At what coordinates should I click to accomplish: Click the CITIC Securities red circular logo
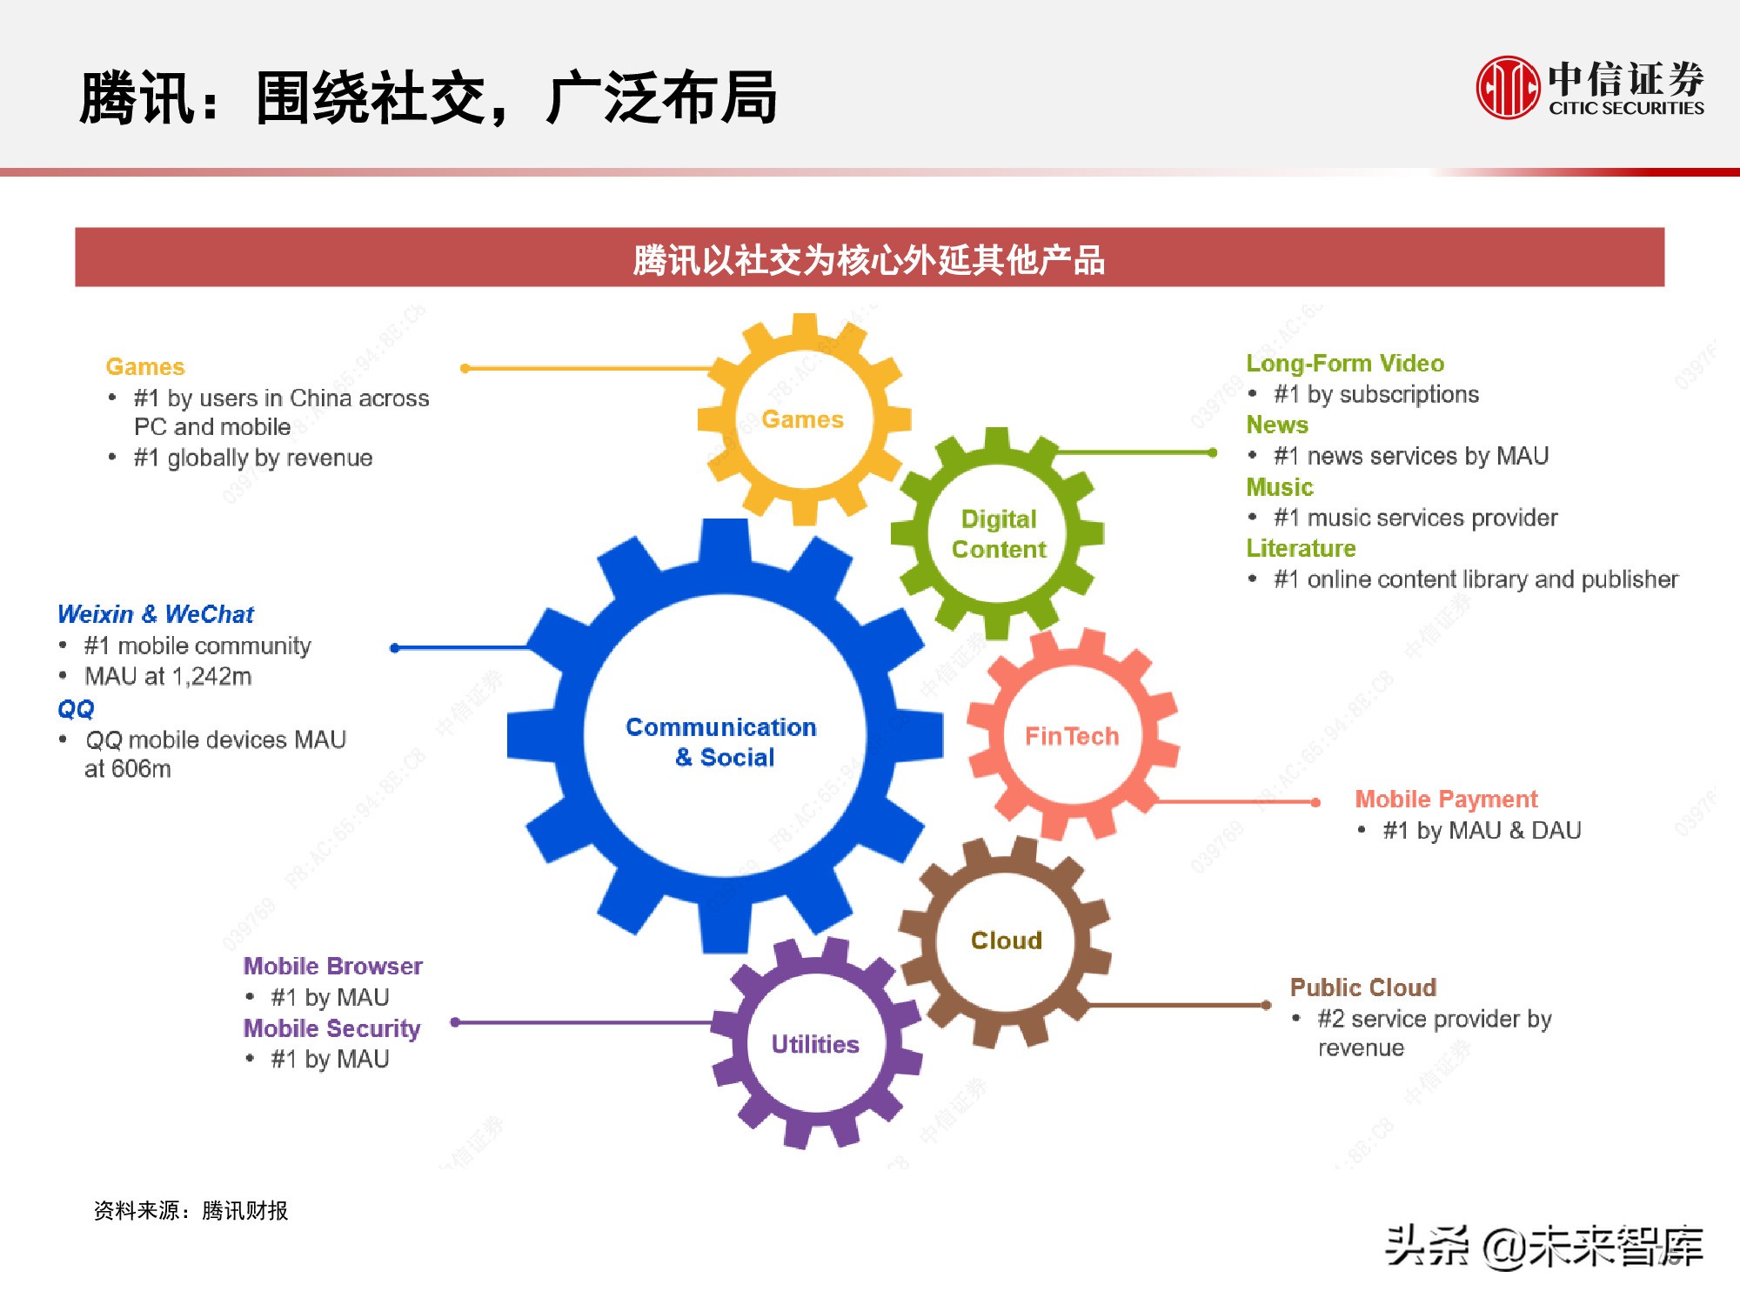[x=1507, y=87]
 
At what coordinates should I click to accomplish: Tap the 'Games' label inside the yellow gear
[x=802, y=419]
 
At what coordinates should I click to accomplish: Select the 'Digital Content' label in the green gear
[x=999, y=534]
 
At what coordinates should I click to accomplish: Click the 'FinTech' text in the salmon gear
[x=1072, y=736]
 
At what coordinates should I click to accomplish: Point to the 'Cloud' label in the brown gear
[x=1007, y=940]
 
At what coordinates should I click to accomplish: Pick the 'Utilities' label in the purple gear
[x=815, y=1044]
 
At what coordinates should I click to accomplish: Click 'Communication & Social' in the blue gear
[x=722, y=742]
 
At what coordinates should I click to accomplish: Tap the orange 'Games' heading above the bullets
[x=145, y=367]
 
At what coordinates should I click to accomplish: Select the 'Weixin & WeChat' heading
[x=156, y=614]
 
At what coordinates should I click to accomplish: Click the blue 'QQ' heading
[x=76, y=709]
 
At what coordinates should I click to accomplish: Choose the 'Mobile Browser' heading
[x=332, y=966]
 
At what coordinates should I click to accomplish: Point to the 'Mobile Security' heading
[x=331, y=1028]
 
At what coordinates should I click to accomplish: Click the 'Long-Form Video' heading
[x=1345, y=364]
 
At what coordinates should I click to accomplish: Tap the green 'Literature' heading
[x=1301, y=548]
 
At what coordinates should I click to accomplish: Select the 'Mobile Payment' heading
[x=1446, y=799]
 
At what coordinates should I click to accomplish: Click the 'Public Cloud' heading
[x=1362, y=987]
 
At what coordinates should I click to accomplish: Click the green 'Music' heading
[x=1279, y=487]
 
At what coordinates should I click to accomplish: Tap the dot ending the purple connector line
[x=455, y=1022]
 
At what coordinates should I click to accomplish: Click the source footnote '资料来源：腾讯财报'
[x=191, y=1210]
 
